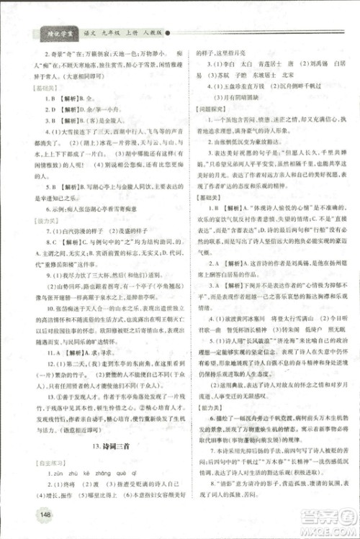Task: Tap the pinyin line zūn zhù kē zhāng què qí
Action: point(79,476)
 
